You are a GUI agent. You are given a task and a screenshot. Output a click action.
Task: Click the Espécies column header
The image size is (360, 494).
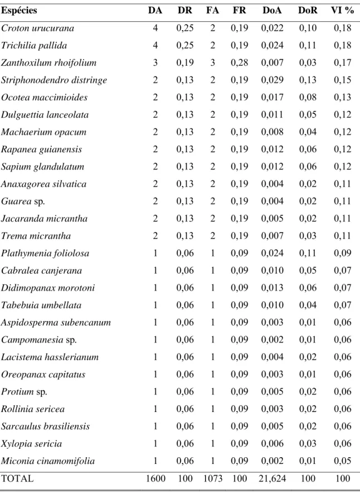click(x=19, y=11)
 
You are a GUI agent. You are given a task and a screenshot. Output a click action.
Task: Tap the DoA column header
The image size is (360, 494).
click(x=272, y=11)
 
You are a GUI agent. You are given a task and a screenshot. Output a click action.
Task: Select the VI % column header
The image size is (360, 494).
click(x=342, y=11)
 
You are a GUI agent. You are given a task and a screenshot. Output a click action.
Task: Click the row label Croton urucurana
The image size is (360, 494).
click(x=37, y=28)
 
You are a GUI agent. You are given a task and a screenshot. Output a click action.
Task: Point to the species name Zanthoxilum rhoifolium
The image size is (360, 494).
click(x=49, y=62)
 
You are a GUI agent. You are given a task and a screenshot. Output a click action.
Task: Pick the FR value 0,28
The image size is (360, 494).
click(x=240, y=62)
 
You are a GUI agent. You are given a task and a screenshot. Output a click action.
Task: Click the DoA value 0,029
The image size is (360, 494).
click(x=272, y=80)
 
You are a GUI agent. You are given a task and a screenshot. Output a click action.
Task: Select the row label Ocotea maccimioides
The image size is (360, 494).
click(x=45, y=98)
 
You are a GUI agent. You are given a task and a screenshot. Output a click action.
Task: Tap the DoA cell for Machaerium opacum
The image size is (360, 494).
click(x=272, y=132)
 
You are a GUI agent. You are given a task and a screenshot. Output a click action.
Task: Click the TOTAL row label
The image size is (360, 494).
click(x=17, y=478)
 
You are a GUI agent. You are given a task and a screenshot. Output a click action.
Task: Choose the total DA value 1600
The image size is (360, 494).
click(x=155, y=478)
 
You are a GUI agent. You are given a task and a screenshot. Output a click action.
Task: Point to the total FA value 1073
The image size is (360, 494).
click(x=213, y=478)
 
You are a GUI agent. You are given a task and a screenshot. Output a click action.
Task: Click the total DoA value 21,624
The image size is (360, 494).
click(x=272, y=478)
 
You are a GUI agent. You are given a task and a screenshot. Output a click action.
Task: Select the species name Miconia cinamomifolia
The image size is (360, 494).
click(x=48, y=461)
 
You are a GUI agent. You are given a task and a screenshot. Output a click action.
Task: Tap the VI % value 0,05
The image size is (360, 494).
click(x=342, y=461)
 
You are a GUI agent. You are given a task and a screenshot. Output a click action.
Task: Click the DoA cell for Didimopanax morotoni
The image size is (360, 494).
click(x=272, y=288)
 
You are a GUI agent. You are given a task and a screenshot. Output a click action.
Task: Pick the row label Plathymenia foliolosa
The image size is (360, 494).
click(x=45, y=253)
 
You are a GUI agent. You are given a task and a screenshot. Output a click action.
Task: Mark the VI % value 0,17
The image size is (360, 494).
click(x=342, y=62)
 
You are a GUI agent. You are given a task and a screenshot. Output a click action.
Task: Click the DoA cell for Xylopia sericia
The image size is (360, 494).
click(x=272, y=443)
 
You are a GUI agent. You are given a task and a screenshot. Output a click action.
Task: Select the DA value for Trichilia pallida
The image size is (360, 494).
click(x=155, y=45)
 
